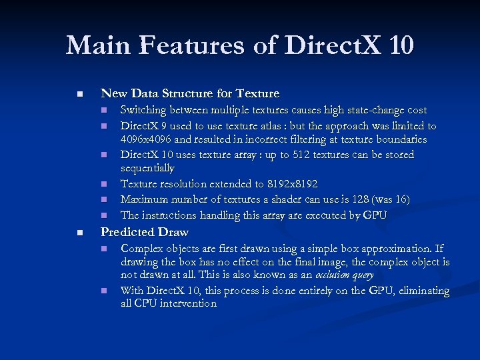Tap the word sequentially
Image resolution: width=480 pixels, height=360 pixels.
click(147, 168)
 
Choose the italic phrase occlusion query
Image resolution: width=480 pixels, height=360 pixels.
click(344, 275)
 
